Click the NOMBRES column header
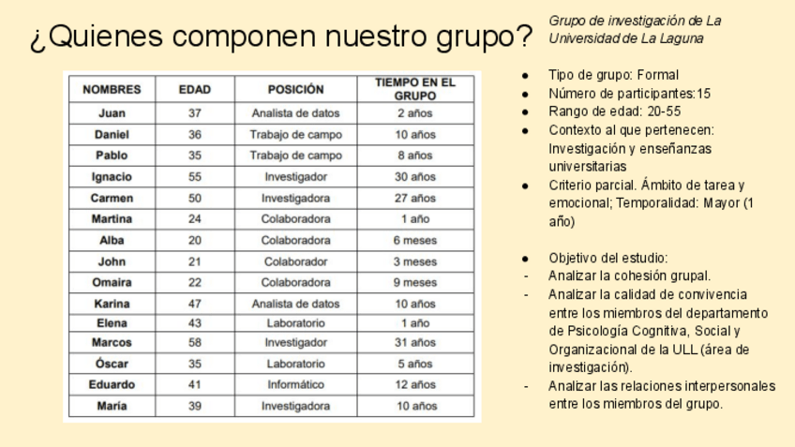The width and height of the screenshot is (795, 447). click(112, 90)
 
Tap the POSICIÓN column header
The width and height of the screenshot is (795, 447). click(295, 90)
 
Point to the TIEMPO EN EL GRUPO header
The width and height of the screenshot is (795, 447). click(414, 89)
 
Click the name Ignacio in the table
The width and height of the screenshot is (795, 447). click(112, 176)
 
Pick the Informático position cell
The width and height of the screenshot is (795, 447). click(295, 384)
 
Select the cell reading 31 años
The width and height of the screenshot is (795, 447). click(414, 342)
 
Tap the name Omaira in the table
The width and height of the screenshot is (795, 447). click(112, 281)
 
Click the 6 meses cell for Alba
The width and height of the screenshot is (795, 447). click(414, 240)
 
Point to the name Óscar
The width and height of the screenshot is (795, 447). click(112, 364)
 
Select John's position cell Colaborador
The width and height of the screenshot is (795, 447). click(295, 261)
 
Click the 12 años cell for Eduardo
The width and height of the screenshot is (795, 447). click(414, 384)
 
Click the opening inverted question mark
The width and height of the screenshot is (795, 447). click(37, 39)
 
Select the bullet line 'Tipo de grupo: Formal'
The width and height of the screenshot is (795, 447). click(613, 75)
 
